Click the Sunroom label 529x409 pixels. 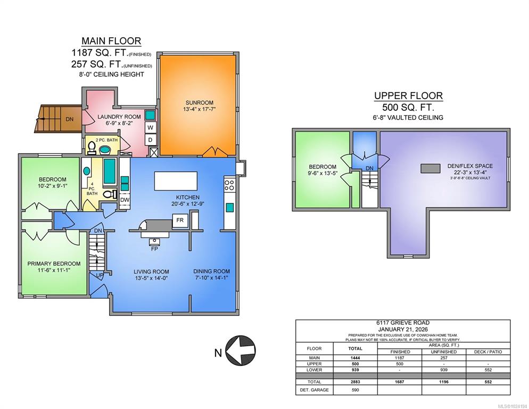(x=200, y=103)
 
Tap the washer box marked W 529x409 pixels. (x=151, y=128)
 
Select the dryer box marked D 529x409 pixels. (x=151, y=140)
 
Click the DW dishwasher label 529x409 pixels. (x=125, y=200)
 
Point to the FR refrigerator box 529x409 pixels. (x=180, y=220)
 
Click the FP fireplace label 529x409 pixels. (x=154, y=249)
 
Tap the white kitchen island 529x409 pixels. (x=176, y=181)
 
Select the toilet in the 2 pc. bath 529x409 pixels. (x=91, y=148)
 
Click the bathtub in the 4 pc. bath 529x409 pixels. (x=109, y=171)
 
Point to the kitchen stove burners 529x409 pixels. (x=229, y=185)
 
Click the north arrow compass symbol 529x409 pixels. (x=240, y=350)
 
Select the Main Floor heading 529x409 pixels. (x=111, y=41)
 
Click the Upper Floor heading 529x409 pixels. (x=408, y=96)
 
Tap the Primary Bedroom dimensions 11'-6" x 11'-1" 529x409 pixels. (x=54, y=270)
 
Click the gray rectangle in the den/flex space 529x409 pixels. (x=430, y=168)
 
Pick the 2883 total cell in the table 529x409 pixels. (x=355, y=382)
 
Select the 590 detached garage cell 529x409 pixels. (x=355, y=390)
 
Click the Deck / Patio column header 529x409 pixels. (x=487, y=351)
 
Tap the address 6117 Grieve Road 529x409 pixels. (x=403, y=323)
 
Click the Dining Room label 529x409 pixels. (x=211, y=271)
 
